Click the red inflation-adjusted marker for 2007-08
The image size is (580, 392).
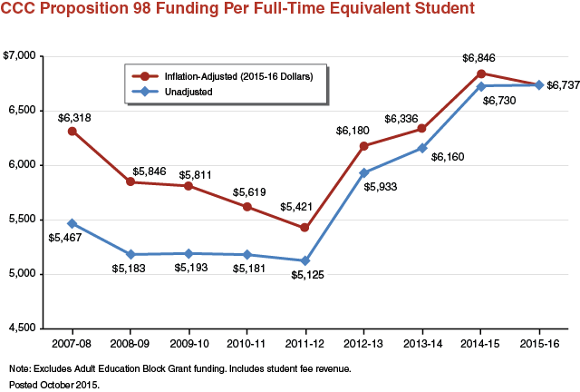(x=72, y=131)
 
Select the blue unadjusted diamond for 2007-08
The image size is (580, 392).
(x=72, y=223)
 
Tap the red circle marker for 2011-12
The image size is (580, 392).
(x=306, y=228)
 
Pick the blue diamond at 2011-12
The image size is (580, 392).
(x=306, y=260)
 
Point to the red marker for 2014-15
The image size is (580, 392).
(x=481, y=73)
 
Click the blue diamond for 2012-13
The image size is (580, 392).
(x=364, y=172)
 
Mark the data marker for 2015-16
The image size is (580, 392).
(x=540, y=85)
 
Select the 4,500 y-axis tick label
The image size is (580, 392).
(x=21, y=328)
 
